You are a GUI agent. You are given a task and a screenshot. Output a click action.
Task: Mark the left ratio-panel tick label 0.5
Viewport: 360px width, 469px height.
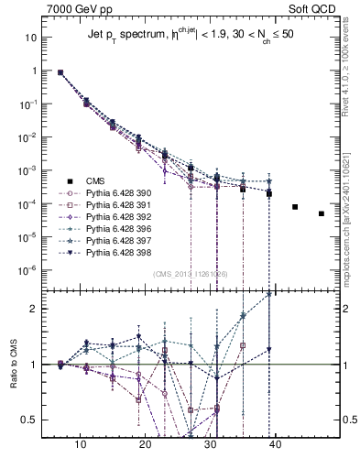[x=28, y=420]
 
